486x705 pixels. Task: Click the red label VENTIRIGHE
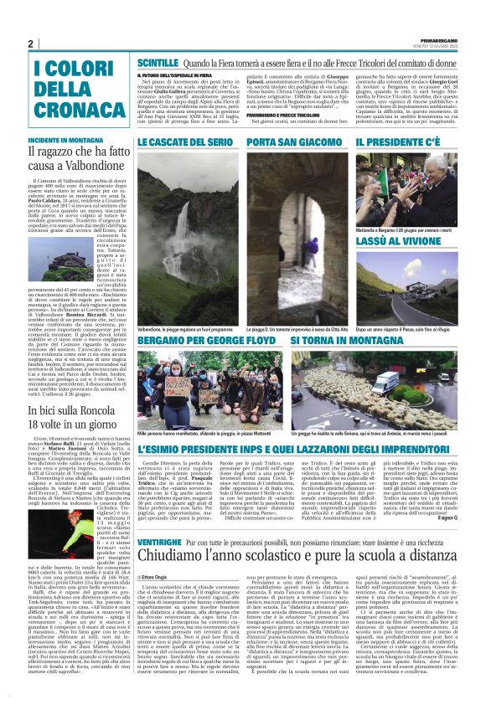(161, 543)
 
